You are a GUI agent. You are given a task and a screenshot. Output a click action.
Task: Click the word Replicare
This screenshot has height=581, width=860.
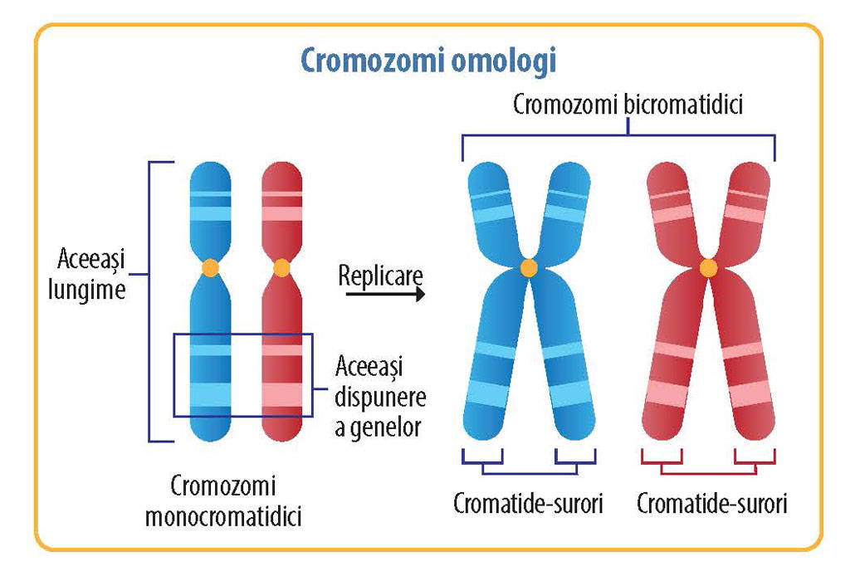[x=381, y=275]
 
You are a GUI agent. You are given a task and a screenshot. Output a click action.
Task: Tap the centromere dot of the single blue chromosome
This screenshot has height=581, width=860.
[x=211, y=268]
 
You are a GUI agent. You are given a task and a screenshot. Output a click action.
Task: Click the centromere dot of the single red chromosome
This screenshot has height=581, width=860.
[x=281, y=268]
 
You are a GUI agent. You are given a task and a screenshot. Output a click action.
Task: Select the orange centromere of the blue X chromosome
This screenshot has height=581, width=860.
[x=529, y=267]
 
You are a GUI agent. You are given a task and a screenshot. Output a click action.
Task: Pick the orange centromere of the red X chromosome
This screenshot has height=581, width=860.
[x=708, y=267]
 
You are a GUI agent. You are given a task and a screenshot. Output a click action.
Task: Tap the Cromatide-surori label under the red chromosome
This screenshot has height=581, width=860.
[x=711, y=504]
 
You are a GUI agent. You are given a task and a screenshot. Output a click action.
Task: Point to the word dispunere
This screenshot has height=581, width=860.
[x=382, y=396]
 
